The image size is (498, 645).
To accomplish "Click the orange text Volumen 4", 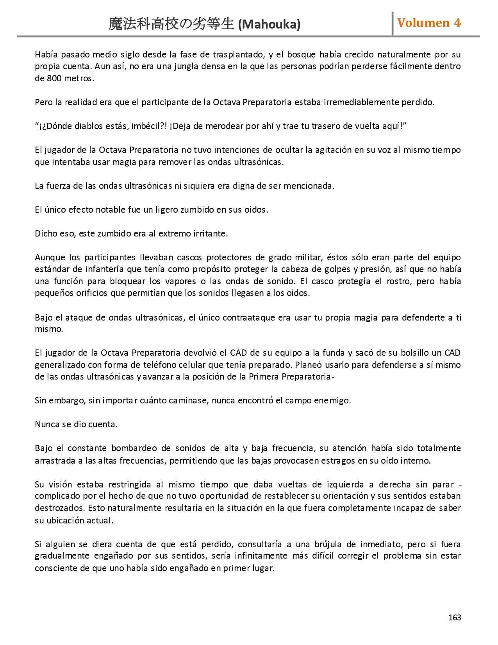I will [x=429, y=23].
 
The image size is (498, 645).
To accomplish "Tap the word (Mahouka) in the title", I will [x=269, y=25].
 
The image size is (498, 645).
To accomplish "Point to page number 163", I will [x=455, y=617].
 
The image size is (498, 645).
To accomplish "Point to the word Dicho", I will [x=46, y=233].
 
